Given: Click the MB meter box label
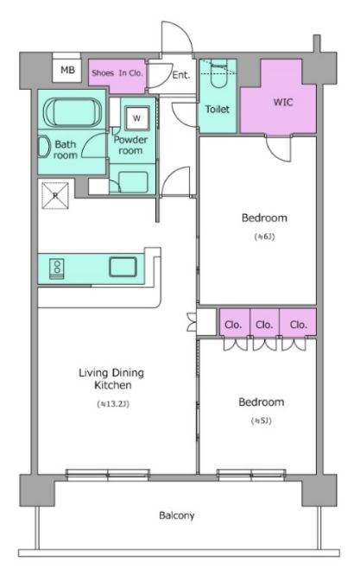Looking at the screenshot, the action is tap(67, 70).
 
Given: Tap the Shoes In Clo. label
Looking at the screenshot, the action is tap(117, 73).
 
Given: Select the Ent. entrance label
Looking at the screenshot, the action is tap(181, 75).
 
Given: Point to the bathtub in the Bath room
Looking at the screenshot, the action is tap(73, 112).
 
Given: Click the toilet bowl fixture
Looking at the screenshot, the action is tap(218, 75).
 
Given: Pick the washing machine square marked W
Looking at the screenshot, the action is tap(136, 118).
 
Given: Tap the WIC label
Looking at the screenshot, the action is tap(283, 102).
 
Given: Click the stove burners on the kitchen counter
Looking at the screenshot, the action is tap(57, 269).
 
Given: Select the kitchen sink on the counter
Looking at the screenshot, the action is tap(123, 267).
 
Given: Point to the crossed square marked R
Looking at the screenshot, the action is tap(55, 196).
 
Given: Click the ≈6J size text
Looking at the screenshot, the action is tap(264, 237).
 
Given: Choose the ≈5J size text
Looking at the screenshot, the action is tap(262, 421).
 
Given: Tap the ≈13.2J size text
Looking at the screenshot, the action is tap(113, 404).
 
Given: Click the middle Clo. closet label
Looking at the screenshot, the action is tap(264, 325).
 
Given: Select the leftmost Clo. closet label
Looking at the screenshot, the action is tap(233, 325).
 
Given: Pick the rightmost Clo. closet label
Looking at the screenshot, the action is tap(299, 325).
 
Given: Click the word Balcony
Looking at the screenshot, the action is tap(177, 515).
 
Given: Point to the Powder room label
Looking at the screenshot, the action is tap(130, 145).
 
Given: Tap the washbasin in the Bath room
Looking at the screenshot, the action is tap(44, 147).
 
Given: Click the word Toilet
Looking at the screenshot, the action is tap(218, 109).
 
